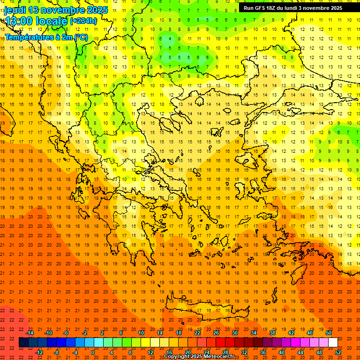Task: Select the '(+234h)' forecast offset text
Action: click(83, 21)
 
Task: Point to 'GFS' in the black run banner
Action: click(260, 8)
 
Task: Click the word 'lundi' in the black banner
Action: click(288, 8)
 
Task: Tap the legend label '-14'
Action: click(30, 333)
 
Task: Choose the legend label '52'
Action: click(338, 352)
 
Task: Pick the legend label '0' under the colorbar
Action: click(92, 352)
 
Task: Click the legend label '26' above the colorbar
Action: click(216, 333)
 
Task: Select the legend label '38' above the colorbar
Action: click(272, 333)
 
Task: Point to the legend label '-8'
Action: click(57, 352)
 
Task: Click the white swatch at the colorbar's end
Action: click(333, 343)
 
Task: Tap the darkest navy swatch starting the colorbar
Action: click(23, 343)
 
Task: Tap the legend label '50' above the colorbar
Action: click(328, 333)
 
